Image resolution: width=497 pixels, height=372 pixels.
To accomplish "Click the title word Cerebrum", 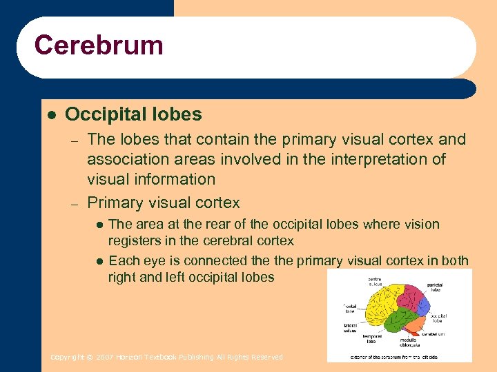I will [x=99, y=45].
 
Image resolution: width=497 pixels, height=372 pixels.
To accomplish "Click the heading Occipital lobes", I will [x=133, y=114].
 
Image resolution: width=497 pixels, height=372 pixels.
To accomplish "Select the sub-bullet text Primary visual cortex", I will [x=164, y=203].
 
